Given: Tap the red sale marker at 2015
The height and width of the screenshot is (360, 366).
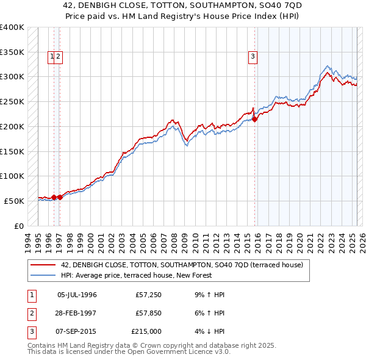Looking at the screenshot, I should (x=254, y=119).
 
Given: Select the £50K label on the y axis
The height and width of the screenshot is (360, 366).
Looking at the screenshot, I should (x=14, y=201).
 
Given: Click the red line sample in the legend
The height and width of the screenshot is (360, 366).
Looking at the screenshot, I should (x=44, y=265).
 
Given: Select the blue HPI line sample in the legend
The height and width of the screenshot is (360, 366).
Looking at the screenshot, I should (x=44, y=275).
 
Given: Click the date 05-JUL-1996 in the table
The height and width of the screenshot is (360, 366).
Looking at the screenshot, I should (x=77, y=295).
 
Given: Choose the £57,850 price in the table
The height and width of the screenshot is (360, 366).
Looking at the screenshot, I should (x=149, y=313).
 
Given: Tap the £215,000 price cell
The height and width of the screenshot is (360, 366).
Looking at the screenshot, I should (x=147, y=331).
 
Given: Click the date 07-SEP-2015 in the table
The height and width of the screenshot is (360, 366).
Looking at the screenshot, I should (x=77, y=331).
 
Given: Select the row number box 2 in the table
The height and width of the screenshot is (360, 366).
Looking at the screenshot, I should (x=30, y=313).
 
